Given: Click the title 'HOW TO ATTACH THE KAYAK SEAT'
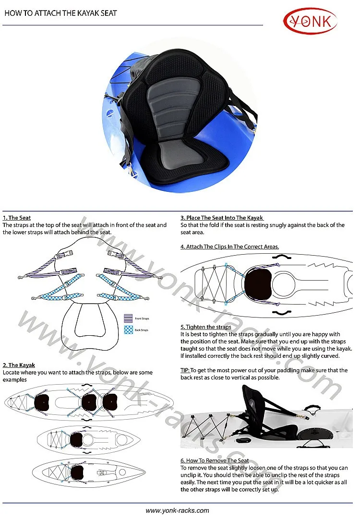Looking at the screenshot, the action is [60, 13].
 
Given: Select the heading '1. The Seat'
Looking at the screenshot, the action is [17, 218].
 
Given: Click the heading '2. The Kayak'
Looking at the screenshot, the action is [19, 365].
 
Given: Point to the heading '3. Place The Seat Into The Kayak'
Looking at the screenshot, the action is [222, 218].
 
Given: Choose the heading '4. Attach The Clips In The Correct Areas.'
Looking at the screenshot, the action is [229, 247].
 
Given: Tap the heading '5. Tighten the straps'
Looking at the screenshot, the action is [206, 327].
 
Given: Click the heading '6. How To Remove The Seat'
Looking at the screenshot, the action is [215, 461].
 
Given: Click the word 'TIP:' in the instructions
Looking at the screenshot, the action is [185, 370].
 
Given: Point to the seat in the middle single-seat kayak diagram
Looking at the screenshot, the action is [78, 439].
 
